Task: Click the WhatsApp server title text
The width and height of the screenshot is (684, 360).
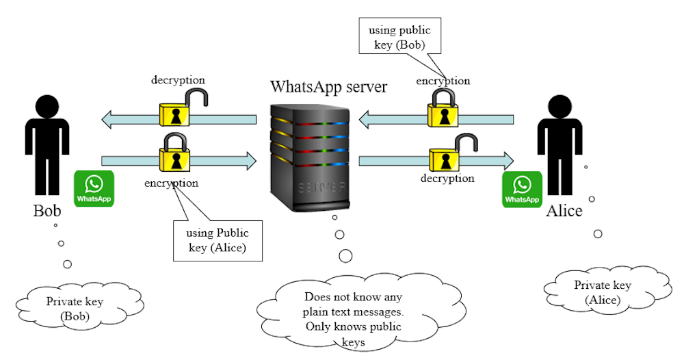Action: coord(328,87)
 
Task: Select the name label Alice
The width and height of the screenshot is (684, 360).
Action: coord(564,210)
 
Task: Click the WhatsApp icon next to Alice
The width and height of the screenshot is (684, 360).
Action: coord(523,189)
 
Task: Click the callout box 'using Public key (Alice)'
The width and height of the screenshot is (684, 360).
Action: coord(218,240)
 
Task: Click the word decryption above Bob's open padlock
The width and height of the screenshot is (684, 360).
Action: coord(178,80)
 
